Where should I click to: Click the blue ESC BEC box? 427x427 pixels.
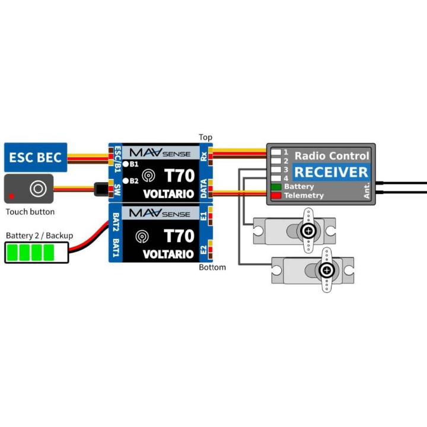point(36,157)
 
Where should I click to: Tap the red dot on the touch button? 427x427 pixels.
point(11,196)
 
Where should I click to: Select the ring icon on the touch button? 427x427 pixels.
point(38,188)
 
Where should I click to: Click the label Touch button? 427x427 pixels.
point(30,212)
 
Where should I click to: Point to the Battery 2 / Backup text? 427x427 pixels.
point(40,235)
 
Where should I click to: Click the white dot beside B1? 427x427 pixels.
point(126,164)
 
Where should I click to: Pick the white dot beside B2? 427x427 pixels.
point(126,181)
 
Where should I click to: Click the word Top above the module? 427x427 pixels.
point(205,137)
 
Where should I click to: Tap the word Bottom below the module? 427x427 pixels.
point(212,267)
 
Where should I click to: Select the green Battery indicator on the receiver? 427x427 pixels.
point(276,187)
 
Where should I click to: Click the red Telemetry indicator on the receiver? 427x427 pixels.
point(276,196)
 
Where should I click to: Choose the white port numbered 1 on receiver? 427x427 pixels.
point(276,152)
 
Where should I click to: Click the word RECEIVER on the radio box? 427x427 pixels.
point(331,172)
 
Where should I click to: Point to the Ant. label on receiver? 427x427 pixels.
point(367,190)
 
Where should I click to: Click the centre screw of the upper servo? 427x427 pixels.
point(308,231)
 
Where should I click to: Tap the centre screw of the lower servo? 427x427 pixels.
point(327,270)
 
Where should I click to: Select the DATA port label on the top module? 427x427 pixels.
point(203,189)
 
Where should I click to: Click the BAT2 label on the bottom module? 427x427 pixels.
point(116,222)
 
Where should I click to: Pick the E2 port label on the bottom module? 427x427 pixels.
point(203,250)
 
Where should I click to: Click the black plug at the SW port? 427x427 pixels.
point(101,189)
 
